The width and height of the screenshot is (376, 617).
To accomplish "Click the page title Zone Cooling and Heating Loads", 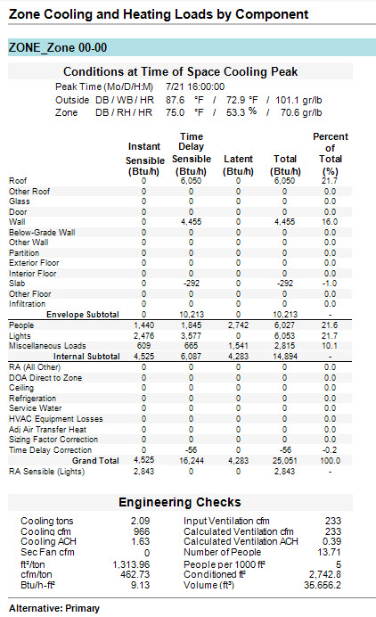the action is [x=158, y=14].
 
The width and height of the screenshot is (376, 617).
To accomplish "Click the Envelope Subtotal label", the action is [x=86, y=314].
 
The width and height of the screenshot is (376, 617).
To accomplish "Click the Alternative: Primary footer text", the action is [x=53, y=607].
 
